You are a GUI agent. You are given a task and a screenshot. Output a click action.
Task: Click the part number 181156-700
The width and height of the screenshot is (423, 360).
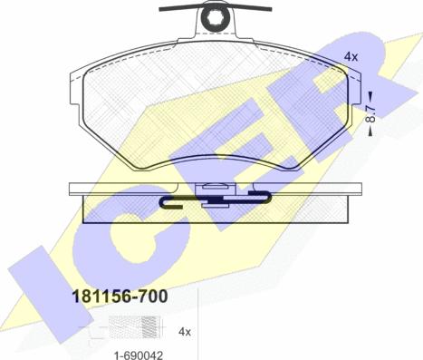120,297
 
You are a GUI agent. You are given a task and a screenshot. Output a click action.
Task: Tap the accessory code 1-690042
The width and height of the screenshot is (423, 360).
139,355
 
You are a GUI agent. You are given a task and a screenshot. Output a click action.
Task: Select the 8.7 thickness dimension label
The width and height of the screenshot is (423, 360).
370,113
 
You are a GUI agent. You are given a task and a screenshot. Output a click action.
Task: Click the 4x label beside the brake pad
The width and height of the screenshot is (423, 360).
351,56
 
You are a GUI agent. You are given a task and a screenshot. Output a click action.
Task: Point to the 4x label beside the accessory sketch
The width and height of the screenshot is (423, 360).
185,332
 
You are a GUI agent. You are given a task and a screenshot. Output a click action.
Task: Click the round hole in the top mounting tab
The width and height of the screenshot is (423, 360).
216,20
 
